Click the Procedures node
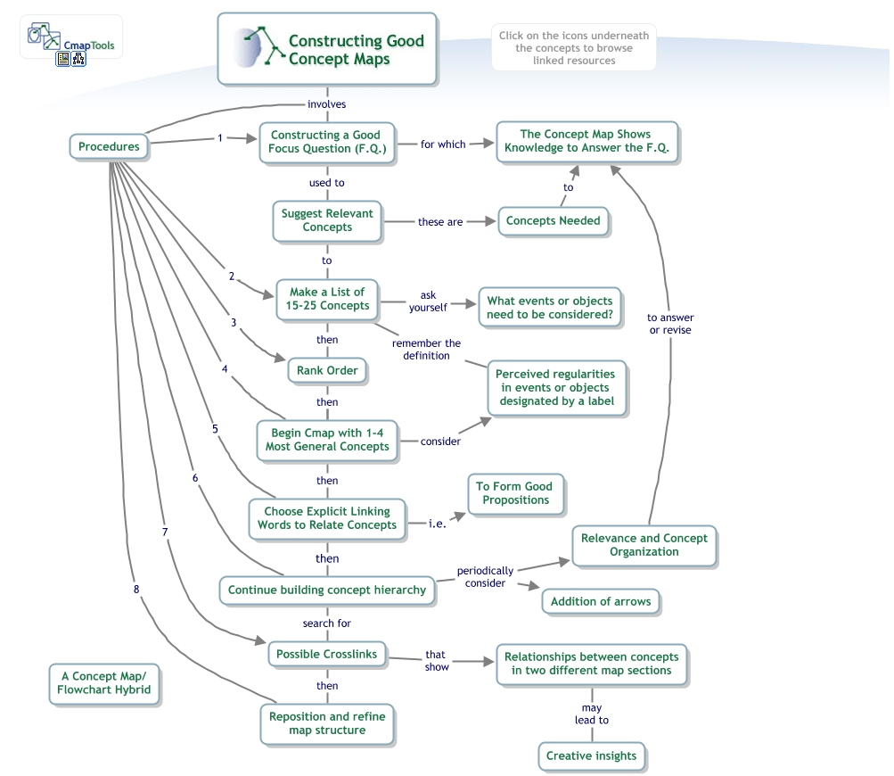coord(109,147)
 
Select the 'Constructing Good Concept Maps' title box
coord(327,49)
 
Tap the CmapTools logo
coord(71,41)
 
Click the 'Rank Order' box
coord(327,370)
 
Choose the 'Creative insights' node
coord(591,755)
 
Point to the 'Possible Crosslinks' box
coord(326,654)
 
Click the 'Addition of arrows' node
coord(600,601)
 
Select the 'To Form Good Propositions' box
coord(513,493)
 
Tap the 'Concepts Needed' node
coord(554,220)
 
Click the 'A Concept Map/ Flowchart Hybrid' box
coord(104,683)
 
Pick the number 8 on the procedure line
coord(136,589)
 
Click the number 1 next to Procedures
coord(220,138)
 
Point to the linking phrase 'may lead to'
coord(591,714)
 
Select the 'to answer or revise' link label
coord(670,324)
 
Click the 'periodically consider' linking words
coord(486,576)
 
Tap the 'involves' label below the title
coord(326,104)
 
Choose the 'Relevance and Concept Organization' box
coord(644,545)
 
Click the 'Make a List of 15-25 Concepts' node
coord(326,299)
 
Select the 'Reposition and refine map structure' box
coord(327,723)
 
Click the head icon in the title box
coord(254,49)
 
